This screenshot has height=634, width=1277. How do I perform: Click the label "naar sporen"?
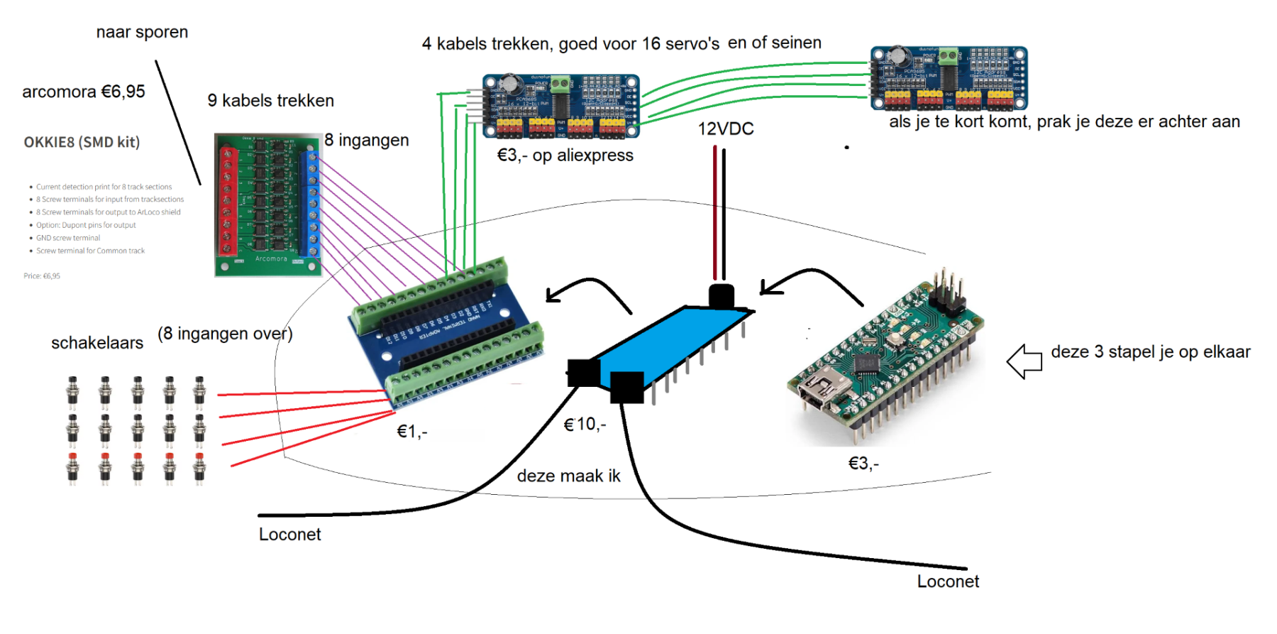[142, 32]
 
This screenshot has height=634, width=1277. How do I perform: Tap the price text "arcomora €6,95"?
[84, 92]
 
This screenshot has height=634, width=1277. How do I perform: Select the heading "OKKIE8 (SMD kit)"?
[82, 142]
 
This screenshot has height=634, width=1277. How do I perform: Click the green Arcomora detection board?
[268, 204]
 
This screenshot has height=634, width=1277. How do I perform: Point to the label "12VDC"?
[725, 129]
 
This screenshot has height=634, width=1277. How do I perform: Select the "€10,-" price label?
[585, 425]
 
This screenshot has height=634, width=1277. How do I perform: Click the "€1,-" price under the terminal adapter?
[411, 432]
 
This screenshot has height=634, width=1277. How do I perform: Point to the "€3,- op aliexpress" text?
[565, 155]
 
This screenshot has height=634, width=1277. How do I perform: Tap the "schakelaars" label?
[97, 343]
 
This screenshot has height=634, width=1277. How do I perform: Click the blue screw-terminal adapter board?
[447, 334]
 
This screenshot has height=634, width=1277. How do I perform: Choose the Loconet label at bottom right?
[948, 581]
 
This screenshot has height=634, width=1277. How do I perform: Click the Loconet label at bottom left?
[289, 535]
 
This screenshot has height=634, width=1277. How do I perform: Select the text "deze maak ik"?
[568, 476]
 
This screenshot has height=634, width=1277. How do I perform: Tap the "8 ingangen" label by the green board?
[367, 141]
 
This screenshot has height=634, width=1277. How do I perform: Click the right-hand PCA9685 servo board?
[949, 78]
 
